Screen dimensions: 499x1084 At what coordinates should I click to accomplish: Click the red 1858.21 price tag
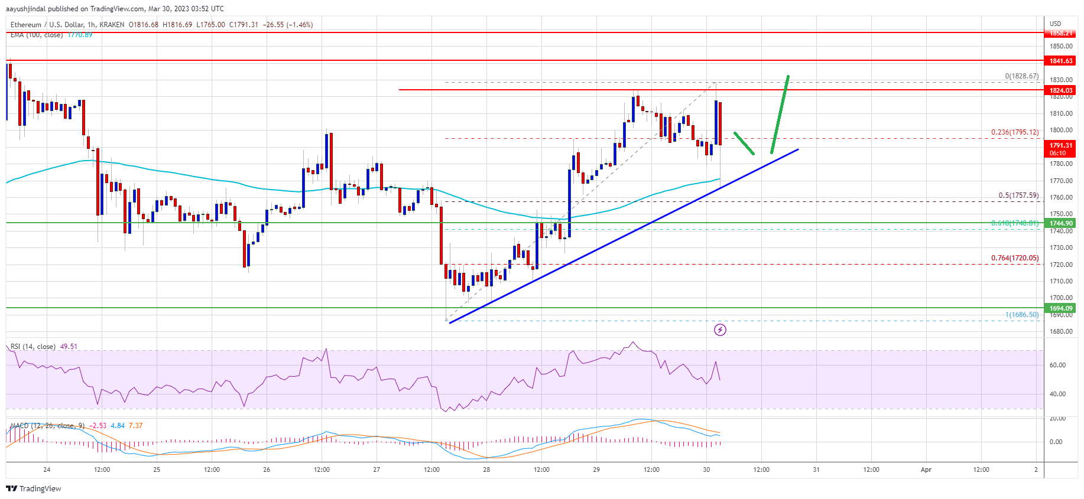pyautogui.click(x=1060, y=33)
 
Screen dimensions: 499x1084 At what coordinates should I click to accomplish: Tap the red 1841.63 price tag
pyautogui.click(x=1060, y=61)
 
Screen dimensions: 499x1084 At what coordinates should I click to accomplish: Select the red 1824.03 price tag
pyautogui.click(x=1060, y=90)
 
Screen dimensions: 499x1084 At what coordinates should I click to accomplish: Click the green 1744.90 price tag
pyautogui.click(x=1060, y=223)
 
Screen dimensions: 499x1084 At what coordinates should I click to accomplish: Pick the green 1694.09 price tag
pyautogui.click(x=1060, y=308)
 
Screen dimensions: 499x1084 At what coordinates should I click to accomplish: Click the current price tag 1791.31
pyautogui.click(x=1060, y=145)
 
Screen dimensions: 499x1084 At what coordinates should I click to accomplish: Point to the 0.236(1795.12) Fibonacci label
pyautogui.click(x=1014, y=132)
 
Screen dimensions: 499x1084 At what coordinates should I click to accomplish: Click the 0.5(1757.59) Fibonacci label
pyautogui.click(x=1018, y=195)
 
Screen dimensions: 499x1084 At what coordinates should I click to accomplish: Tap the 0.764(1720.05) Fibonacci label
pyautogui.click(x=1014, y=258)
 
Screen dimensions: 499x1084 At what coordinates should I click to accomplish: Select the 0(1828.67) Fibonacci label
pyautogui.click(x=1021, y=76)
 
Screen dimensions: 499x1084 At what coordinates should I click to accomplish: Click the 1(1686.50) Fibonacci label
pyautogui.click(x=1021, y=315)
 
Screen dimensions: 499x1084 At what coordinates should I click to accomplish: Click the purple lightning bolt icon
pyautogui.click(x=720, y=330)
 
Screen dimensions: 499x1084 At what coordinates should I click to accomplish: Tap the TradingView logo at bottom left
pyautogui.click(x=34, y=488)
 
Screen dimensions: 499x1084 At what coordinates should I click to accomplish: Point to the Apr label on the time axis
pyautogui.click(x=926, y=470)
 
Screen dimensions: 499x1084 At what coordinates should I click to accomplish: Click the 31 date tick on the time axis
pyautogui.click(x=816, y=470)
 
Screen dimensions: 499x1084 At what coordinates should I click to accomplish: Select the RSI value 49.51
pyautogui.click(x=69, y=347)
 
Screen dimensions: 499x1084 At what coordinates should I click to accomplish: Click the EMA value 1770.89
pyautogui.click(x=80, y=35)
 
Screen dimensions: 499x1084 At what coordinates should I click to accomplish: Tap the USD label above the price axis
pyautogui.click(x=1055, y=24)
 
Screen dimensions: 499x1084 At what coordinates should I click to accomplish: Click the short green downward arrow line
pyautogui.click(x=744, y=143)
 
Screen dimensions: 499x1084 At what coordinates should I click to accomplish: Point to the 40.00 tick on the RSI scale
pyautogui.click(x=1057, y=394)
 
